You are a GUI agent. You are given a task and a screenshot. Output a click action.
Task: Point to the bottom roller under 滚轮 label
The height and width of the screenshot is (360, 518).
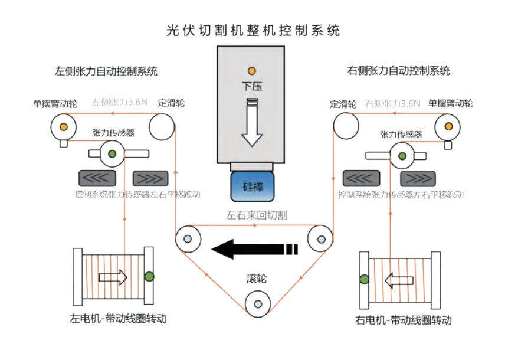tap(258, 304)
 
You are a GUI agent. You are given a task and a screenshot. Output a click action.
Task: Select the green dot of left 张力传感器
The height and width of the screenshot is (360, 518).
tap(112, 155)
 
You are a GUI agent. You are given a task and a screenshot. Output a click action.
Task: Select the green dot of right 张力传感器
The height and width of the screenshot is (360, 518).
tap(402, 156)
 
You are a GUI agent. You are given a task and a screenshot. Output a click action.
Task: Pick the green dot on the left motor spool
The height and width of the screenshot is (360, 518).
tap(149, 276)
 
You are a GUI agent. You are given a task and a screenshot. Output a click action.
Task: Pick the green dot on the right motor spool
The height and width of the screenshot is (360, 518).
tap(365, 279)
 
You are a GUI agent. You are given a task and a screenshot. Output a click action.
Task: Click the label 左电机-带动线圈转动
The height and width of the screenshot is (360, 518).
tap(118, 319)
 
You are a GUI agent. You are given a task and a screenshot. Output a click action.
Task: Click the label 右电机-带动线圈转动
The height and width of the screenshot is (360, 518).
tap(404, 320)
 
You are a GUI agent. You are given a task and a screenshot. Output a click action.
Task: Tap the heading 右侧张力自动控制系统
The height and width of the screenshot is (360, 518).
tap(399, 71)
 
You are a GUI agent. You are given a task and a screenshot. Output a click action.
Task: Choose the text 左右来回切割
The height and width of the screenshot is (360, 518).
tap(257, 215)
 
